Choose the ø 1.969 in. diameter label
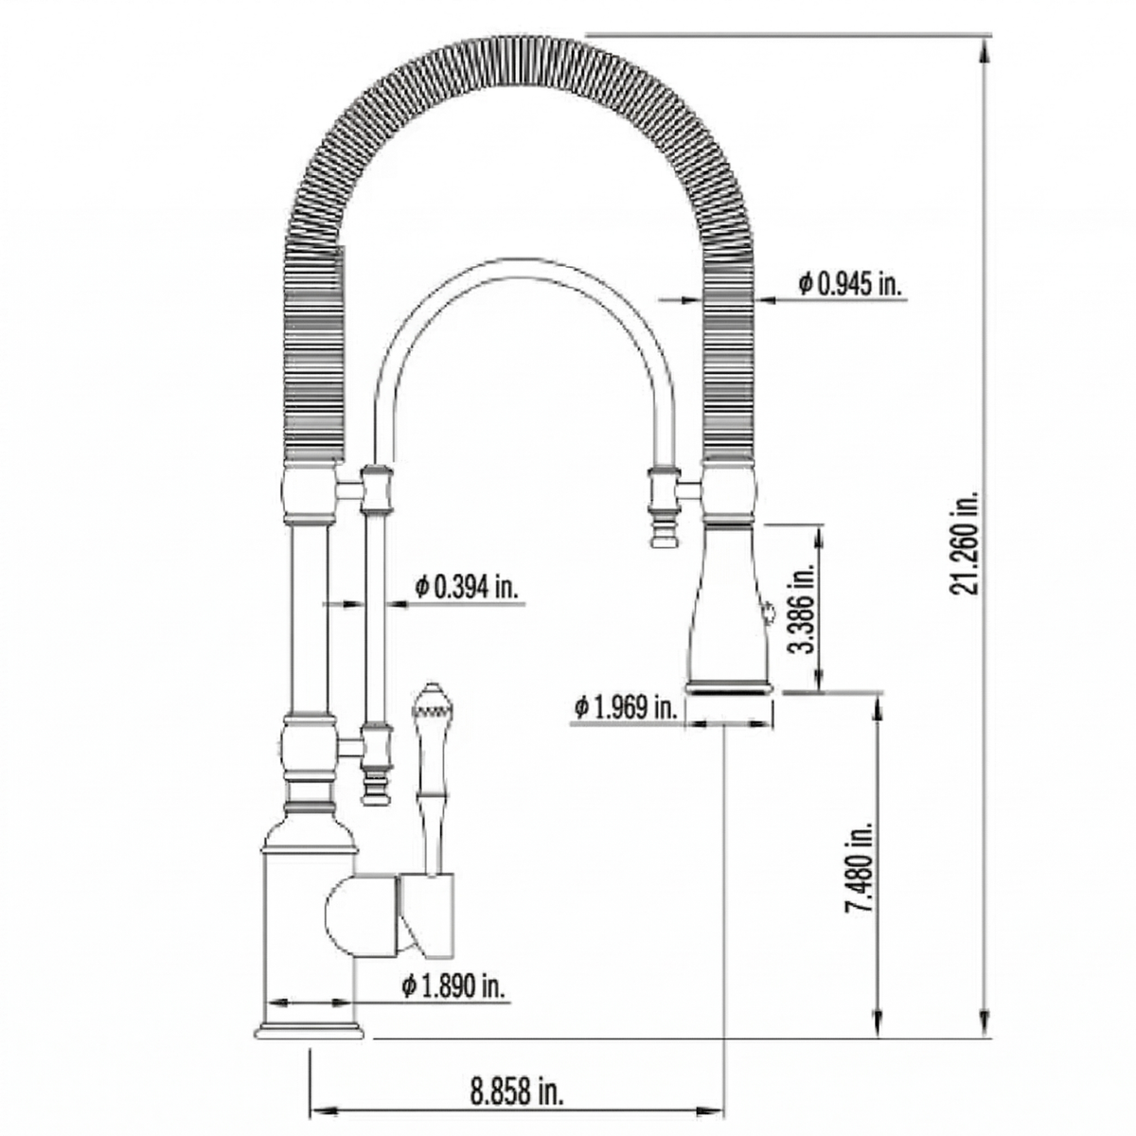click(626, 707)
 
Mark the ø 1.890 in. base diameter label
click(453, 985)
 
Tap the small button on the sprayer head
click(765, 612)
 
